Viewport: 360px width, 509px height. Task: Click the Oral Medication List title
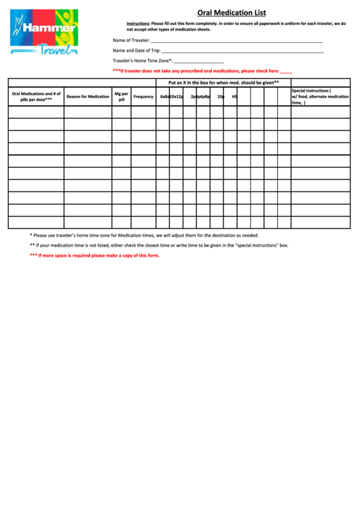[x=231, y=13]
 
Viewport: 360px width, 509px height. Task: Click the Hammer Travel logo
[x=44, y=32]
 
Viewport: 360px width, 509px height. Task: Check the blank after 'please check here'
[x=286, y=71]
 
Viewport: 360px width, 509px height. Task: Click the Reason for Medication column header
[x=88, y=96]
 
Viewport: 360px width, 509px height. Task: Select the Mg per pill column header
[x=121, y=96]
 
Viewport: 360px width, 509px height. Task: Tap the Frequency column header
[x=143, y=96]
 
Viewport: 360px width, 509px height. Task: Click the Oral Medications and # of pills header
[x=36, y=96]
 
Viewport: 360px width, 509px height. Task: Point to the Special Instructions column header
[x=320, y=96]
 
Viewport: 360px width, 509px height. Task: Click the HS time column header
[x=234, y=96]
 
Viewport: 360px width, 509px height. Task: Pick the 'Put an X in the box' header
[x=223, y=82]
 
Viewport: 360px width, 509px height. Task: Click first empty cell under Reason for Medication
[x=88, y=111]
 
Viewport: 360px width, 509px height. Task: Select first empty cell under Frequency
[x=143, y=111]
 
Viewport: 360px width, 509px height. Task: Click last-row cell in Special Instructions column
[x=320, y=222]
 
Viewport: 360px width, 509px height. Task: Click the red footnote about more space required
[x=94, y=256]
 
